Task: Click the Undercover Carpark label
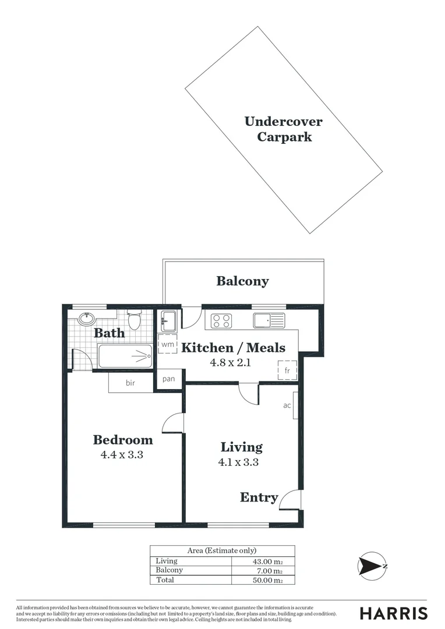tap(283, 129)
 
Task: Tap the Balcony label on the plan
tap(242, 281)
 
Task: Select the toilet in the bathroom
tap(134, 320)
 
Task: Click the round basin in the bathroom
tap(86, 319)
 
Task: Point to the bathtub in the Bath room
tap(125, 356)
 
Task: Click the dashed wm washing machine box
tap(168, 344)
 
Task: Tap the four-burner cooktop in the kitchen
tap(221, 321)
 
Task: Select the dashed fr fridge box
tap(287, 370)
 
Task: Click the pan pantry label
tap(169, 379)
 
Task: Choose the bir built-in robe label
tap(130, 383)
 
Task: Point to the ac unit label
tap(287, 405)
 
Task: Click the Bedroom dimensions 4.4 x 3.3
tap(122, 455)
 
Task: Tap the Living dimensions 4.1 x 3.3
tap(238, 463)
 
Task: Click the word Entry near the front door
tap(259, 497)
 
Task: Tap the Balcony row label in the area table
tap(169, 570)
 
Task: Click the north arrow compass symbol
tap(372, 566)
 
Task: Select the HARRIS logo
tap(394, 613)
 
